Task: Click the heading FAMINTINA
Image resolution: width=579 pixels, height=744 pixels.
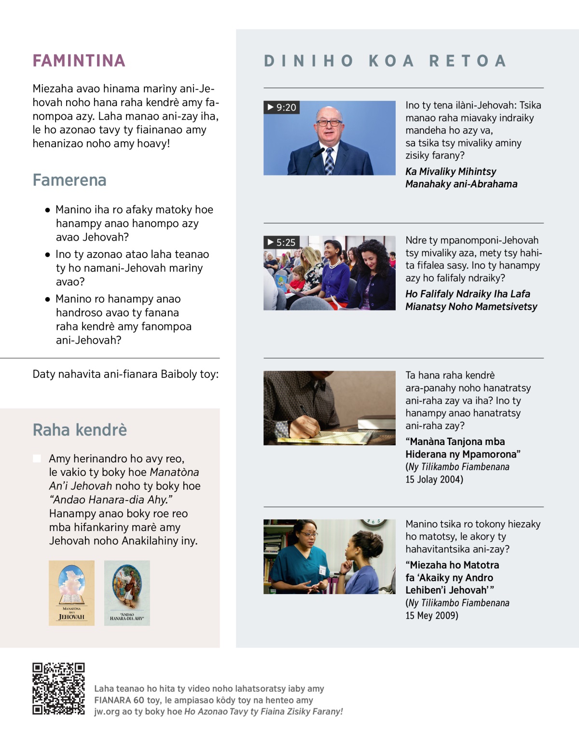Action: pos(79,61)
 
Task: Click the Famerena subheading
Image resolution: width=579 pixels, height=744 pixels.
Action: pos(69,180)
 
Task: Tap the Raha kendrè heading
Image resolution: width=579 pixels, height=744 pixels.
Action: pos(80,430)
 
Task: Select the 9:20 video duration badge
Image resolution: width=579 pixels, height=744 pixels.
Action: pos(282,107)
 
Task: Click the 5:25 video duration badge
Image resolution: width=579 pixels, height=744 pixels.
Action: pos(282,242)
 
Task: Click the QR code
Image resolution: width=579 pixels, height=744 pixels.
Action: pos(58,689)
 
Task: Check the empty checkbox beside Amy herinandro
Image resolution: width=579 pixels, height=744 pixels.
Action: pos(37,459)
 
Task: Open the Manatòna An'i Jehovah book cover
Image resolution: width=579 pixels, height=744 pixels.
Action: pos(71,593)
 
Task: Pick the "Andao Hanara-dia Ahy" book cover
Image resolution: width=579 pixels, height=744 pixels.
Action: pos(127,593)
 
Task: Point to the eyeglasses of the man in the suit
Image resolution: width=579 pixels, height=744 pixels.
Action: pos(329,123)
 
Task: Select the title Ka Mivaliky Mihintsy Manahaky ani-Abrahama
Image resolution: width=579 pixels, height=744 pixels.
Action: pos(461,178)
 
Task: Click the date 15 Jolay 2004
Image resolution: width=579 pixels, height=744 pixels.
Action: pos(434,479)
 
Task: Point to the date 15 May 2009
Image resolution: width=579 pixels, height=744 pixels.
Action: pos(432,615)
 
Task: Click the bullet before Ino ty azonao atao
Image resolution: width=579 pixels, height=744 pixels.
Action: pos(48,255)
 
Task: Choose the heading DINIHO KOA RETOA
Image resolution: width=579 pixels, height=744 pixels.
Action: pos(385,61)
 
